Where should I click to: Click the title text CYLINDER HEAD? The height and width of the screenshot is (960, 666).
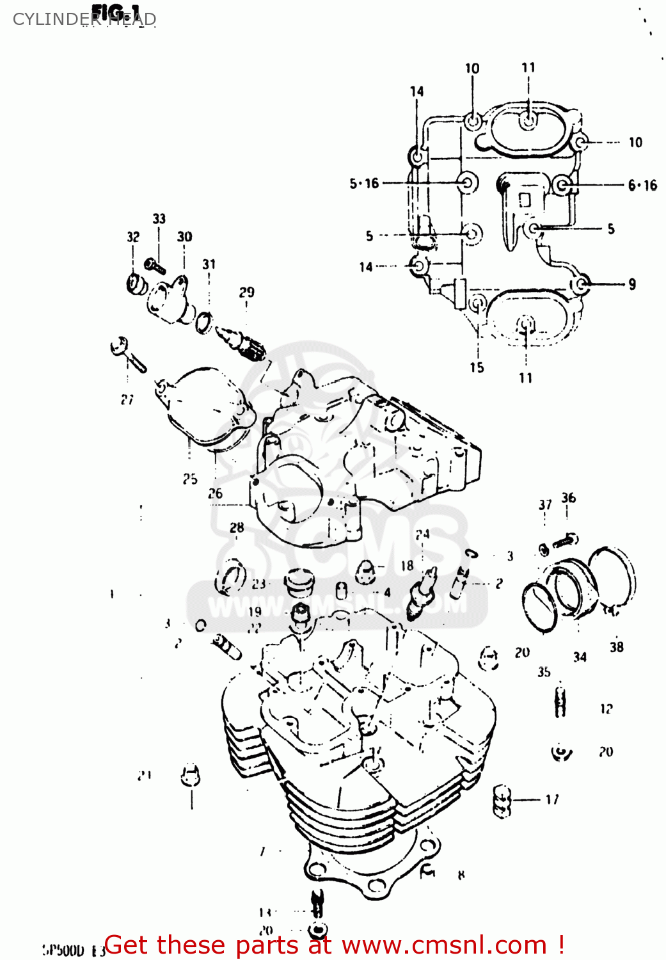click(84, 19)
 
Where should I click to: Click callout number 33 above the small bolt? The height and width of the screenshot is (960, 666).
click(159, 219)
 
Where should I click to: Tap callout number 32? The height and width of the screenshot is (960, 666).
click(133, 237)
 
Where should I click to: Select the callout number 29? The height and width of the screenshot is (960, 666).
click(246, 292)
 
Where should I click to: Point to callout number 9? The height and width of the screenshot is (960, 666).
click(632, 284)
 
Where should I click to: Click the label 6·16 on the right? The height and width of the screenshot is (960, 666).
click(642, 186)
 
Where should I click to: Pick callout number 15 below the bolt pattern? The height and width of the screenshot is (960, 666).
click(477, 367)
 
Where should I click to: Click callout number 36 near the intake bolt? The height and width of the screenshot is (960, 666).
click(568, 498)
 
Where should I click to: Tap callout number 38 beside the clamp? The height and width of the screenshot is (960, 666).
click(616, 647)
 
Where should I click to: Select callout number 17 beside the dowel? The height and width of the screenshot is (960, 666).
click(551, 799)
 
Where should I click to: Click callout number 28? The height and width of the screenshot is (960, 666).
click(237, 527)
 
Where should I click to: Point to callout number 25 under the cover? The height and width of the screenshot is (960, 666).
click(190, 479)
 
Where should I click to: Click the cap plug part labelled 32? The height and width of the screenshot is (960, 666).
click(135, 284)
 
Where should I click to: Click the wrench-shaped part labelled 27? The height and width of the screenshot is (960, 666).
click(128, 354)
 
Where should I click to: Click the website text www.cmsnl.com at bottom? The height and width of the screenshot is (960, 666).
click(444, 945)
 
